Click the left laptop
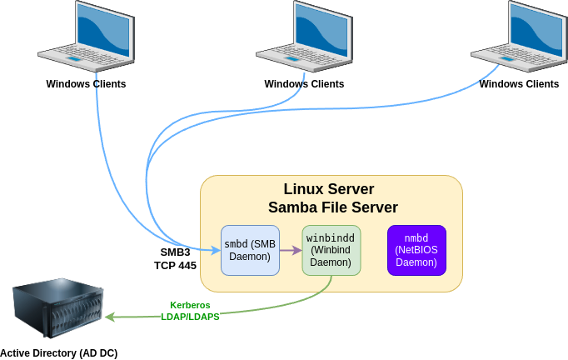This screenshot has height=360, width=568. pyautogui.click(x=87, y=37)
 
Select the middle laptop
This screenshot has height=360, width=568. pyautogui.click(x=305, y=37)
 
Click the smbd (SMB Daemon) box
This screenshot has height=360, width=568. pyautogui.click(x=250, y=250)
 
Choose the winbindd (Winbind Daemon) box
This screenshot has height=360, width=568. pyautogui.click(x=331, y=250)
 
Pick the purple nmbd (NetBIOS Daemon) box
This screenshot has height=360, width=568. pyautogui.click(x=416, y=250)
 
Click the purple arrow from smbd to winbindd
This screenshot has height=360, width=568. pyautogui.click(x=291, y=250)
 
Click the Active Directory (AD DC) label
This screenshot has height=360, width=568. pyautogui.click(x=58, y=353)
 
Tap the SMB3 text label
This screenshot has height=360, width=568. pyautogui.click(x=175, y=252)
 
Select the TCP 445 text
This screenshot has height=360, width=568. pyautogui.click(x=175, y=265)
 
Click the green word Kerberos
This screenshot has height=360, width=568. pyautogui.click(x=191, y=305)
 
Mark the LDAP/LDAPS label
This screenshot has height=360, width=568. pyautogui.click(x=191, y=317)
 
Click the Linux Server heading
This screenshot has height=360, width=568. pyautogui.click(x=329, y=189)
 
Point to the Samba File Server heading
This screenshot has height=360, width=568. pyautogui.click(x=333, y=207)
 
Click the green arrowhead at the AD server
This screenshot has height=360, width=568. pyautogui.click(x=109, y=317)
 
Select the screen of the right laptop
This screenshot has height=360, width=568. pyautogui.click(x=537, y=30)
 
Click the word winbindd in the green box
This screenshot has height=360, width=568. pyautogui.click(x=331, y=237)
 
